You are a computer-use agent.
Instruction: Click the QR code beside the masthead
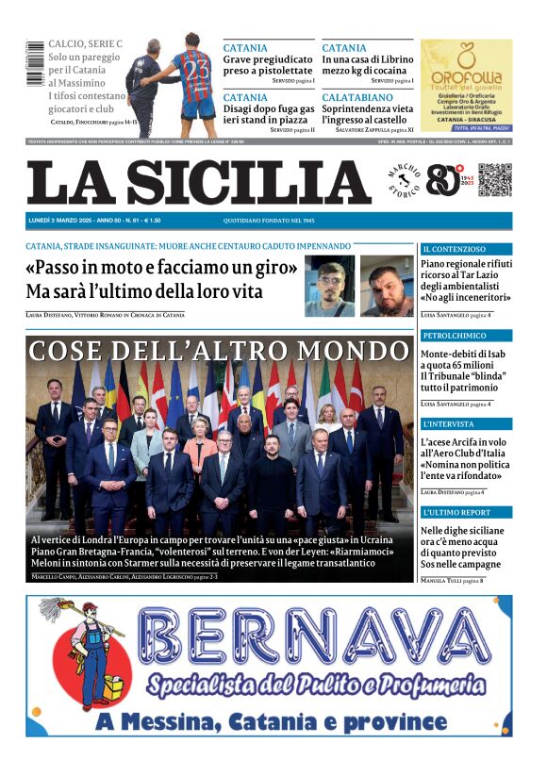(x=494, y=180)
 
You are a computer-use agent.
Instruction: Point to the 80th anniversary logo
(x=445, y=180)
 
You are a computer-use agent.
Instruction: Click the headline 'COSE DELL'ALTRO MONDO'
(x=220, y=351)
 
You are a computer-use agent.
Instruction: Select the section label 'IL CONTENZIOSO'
(x=455, y=249)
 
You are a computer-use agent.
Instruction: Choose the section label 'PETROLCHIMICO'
(x=455, y=336)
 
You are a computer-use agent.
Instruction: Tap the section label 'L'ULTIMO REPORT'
(x=457, y=513)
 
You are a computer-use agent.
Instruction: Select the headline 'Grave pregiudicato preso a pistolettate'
(x=268, y=64)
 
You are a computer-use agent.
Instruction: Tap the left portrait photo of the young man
(x=329, y=286)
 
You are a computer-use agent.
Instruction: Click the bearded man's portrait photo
(x=387, y=286)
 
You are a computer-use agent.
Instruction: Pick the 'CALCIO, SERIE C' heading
(x=85, y=44)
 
